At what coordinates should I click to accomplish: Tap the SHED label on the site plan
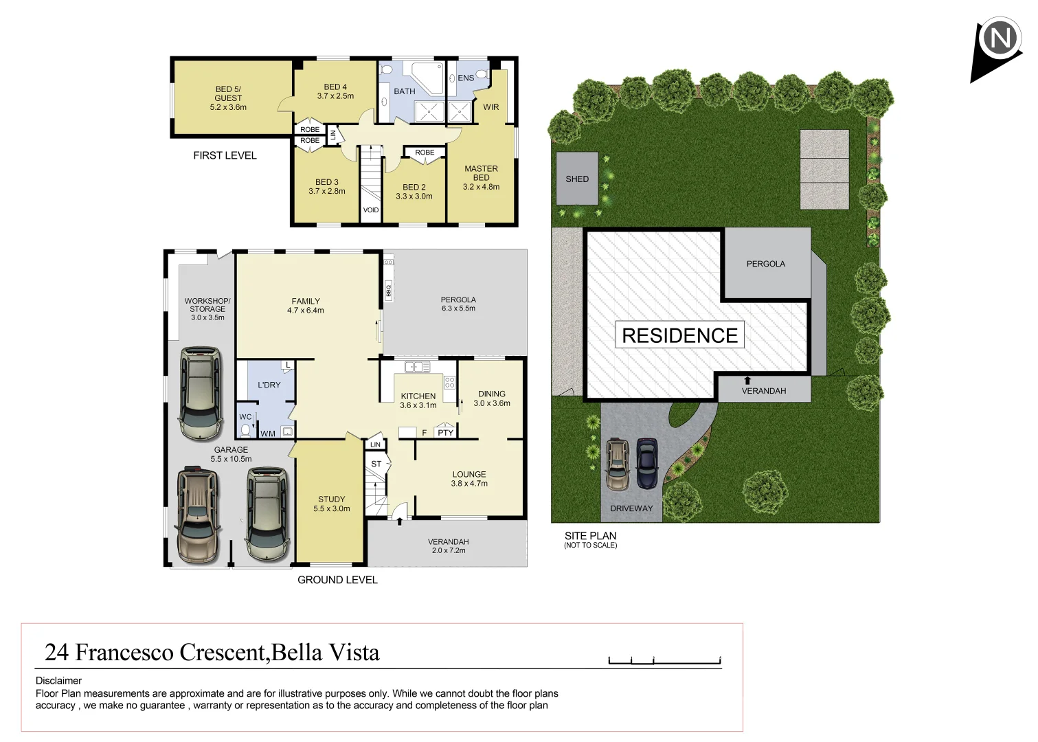coord(576,179)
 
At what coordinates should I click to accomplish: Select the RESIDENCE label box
coord(679,335)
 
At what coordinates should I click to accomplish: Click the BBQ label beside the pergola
coord(388,291)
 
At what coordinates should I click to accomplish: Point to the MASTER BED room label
coord(481,173)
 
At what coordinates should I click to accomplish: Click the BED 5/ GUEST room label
coord(228,93)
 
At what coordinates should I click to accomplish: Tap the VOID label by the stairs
coord(371,210)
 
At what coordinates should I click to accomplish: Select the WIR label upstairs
coord(490,107)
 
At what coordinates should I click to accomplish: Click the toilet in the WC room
coord(246,430)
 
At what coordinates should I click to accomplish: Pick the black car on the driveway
coord(647,464)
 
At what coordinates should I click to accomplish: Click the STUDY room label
coord(331,499)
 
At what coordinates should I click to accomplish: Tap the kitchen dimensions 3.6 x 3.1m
coord(418,405)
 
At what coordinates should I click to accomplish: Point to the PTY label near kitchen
coord(445,433)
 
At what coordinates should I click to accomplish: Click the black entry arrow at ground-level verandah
coord(400,521)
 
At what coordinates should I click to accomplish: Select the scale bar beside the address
coord(664,661)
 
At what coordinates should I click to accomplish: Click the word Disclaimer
coord(58,681)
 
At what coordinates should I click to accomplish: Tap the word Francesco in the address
coord(125,652)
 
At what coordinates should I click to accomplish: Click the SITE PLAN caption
coord(590,536)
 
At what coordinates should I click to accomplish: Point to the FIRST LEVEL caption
coord(225,156)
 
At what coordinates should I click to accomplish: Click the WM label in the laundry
coord(267,434)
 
